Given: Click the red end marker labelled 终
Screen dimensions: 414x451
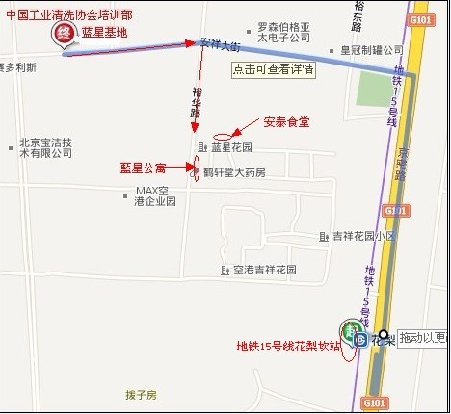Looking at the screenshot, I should tap(63, 34).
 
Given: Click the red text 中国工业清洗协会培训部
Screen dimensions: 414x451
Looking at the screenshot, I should tap(69, 16).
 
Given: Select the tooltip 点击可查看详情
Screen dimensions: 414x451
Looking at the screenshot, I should tap(274, 69).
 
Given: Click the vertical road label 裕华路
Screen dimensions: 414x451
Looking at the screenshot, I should tap(197, 99).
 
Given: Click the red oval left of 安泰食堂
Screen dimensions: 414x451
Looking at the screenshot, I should tap(222, 133).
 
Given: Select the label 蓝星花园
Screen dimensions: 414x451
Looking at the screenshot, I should tap(231, 148).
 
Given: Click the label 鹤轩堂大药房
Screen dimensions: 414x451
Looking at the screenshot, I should tap(233, 172).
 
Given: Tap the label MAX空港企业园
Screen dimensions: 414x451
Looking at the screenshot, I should tap(154, 196).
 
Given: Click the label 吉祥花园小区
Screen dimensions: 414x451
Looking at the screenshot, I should tap(363, 236).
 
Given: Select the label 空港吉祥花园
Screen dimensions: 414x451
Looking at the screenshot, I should tap(264, 271).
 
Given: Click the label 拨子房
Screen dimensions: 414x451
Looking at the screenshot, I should tap(141, 395).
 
